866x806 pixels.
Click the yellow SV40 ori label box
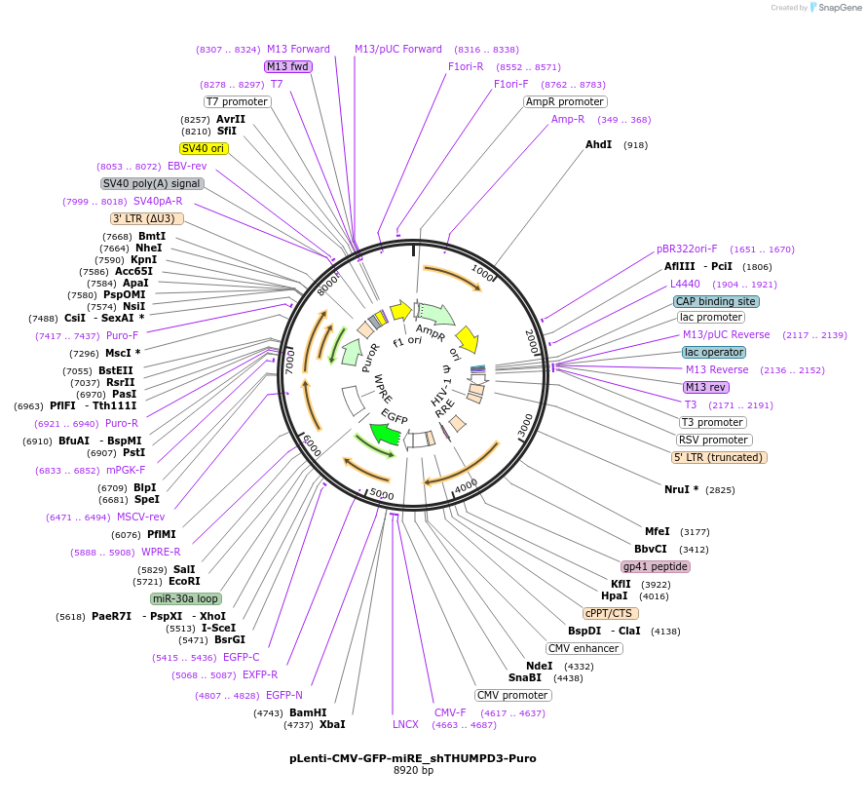(204, 148)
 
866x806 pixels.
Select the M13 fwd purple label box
(288, 66)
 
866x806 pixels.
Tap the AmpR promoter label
(565, 101)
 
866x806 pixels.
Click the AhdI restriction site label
(599, 144)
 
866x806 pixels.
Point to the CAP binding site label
(716, 301)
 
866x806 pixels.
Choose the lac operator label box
(714, 352)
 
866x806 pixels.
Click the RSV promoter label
(714, 440)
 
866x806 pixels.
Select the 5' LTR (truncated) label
(719, 457)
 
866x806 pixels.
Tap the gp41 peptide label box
(656, 566)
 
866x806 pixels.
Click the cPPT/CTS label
(609, 613)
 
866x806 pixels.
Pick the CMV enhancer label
(584, 648)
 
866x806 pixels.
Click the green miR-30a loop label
(186, 598)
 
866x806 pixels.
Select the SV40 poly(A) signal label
(152, 183)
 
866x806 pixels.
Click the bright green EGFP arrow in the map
(386, 434)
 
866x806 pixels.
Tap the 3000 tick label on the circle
(526, 425)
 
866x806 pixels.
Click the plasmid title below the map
(412, 757)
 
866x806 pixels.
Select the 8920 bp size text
(413, 770)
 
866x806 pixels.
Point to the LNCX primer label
(405, 724)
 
